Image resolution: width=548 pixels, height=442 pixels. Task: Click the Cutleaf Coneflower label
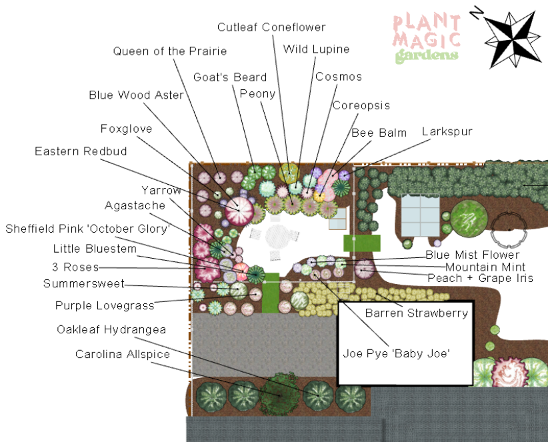[x=271, y=27]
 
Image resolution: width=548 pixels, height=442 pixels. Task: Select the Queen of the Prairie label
[x=170, y=51]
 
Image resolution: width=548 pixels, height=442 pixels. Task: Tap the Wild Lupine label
[x=316, y=49]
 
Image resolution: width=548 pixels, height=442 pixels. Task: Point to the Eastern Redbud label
[x=81, y=152]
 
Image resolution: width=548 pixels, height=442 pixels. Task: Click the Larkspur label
[x=447, y=132]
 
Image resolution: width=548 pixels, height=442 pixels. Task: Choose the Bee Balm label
[x=379, y=133]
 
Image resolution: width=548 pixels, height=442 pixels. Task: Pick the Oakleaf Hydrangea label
[x=111, y=330]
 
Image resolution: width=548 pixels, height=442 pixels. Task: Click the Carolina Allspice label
[x=123, y=354]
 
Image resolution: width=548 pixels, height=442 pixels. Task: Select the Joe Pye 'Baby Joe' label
[x=397, y=353]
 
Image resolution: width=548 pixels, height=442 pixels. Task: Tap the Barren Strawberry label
[x=417, y=313]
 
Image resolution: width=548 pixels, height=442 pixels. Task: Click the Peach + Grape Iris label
[x=480, y=278]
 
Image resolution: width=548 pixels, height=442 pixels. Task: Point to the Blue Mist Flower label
[x=473, y=255]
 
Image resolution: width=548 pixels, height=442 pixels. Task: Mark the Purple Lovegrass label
[x=105, y=306]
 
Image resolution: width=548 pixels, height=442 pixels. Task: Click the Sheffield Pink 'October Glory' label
[x=88, y=229]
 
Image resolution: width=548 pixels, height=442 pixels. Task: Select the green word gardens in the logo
[x=427, y=55]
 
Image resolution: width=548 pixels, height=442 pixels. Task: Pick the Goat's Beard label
[x=230, y=77]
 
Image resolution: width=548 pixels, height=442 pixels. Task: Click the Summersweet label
[x=84, y=284]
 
